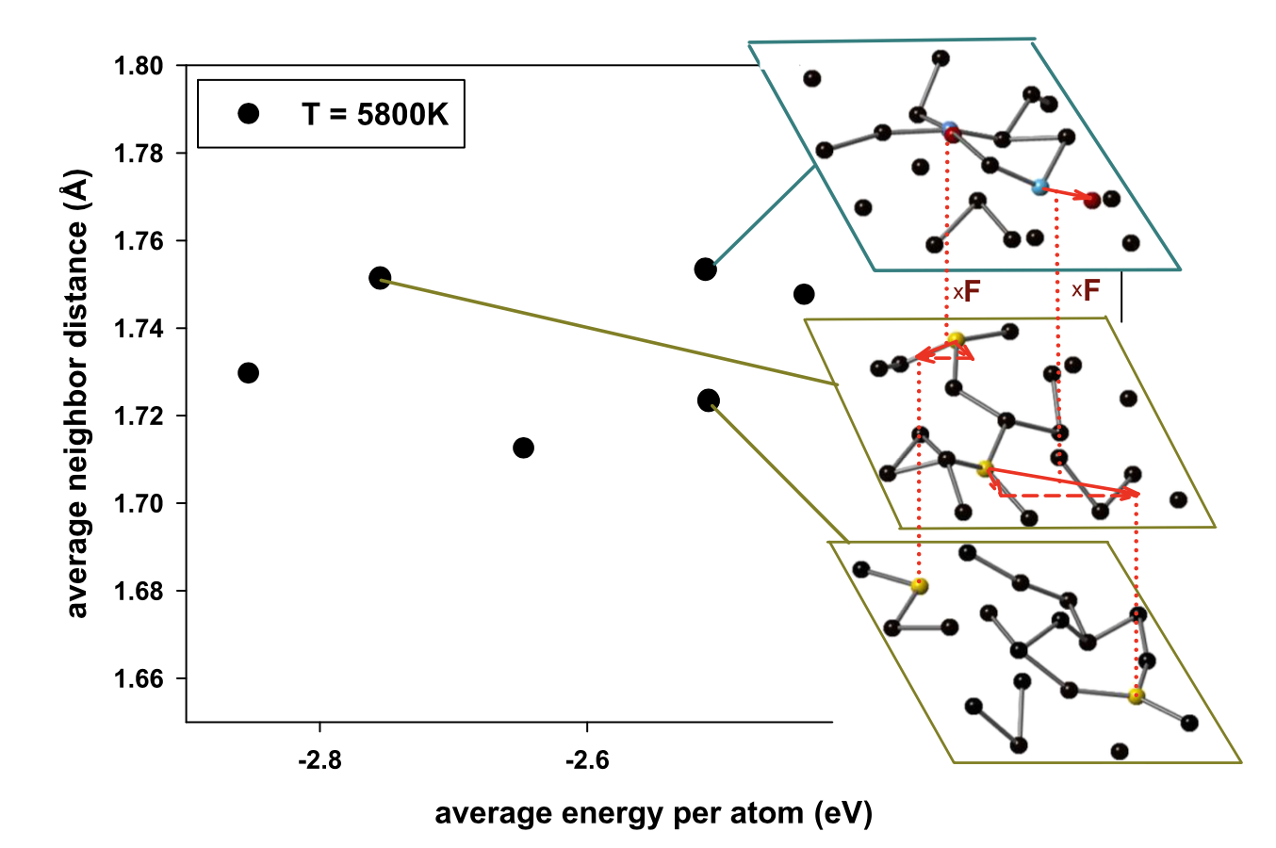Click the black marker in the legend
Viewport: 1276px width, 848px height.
click(x=249, y=114)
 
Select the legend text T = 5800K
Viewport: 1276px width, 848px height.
click(x=375, y=114)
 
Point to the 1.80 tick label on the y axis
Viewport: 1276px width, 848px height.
click(x=139, y=66)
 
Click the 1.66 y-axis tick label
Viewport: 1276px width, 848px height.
click(x=139, y=679)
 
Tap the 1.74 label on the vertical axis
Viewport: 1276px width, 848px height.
click(x=139, y=329)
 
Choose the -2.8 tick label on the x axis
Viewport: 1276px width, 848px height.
click(x=319, y=760)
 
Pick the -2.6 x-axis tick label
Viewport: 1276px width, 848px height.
click(x=587, y=760)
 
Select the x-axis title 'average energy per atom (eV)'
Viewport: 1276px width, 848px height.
click(x=653, y=813)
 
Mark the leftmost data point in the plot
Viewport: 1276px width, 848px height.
click(x=249, y=373)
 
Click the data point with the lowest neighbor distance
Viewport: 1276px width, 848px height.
click(x=524, y=448)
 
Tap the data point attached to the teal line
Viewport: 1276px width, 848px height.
click(x=705, y=269)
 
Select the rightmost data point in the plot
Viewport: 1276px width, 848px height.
click(x=804, y=294)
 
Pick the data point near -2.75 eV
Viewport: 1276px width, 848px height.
click(x=380, y=278)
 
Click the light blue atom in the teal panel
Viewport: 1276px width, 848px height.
click(x=1040, y=188)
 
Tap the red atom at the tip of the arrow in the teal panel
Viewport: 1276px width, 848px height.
click(x=1092, y=200)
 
